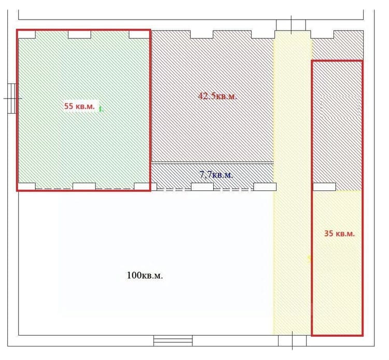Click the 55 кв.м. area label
pyautogui.click(x=79, y=106)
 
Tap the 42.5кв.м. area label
pyautogui.click(x=217, y=96)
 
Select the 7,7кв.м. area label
pyautogui.click(x=216, y=175)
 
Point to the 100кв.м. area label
pyautogui.click(x=145, y=275)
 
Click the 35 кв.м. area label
pyautogui.click(x=339, y=233)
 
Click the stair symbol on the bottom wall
pyautogui.click(x=173, y=340)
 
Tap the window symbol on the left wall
pyautogui.click(x=12, y=99)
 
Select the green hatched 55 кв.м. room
pyautogui.click(x=84, y=110)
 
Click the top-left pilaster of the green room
pyautogui.click(x=27, y=34)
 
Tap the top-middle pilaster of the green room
pyautogui.click(x=79, y=34)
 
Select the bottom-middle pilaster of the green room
pyautogui.click(x=84, y=186)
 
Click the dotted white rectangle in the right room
pyautogui.click(x=340, y=107)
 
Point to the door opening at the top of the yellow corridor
pyautogui.click(x=291, y=25)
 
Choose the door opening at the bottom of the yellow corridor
pyautogui.click(x=292, y=340)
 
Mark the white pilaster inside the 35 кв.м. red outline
pyautogui.click(x=324, y=187)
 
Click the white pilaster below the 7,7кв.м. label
pyautogui.click(x=202, y=187)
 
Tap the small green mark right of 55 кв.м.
pyautogui.click(x=101, y=109)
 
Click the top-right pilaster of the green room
pyautogui.click(x=139, y=34)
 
